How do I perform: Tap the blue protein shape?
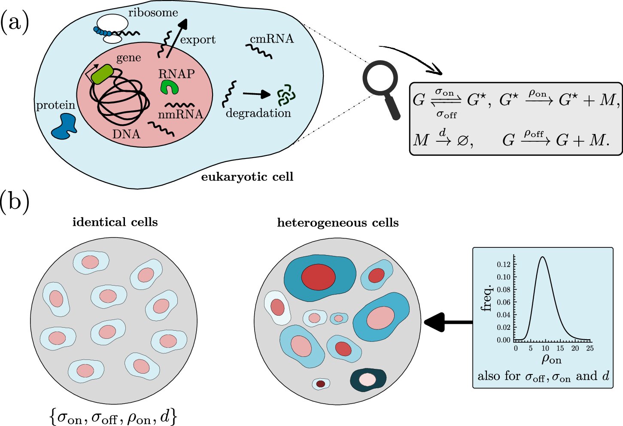[64, 127]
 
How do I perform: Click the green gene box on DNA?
[102, 74]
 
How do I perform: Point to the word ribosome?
[153, 12]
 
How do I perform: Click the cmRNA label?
[272, 39]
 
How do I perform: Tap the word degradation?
[258, 113]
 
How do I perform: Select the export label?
[198, 40]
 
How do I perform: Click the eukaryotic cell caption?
[247, 176]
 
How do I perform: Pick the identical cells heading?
[115, 222]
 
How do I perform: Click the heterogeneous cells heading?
[338, 223]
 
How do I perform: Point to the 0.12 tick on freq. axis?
[504, 265]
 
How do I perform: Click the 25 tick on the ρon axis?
[590, 348]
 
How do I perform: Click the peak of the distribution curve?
[543, 257]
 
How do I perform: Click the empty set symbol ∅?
[462, 140]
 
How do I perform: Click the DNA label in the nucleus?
[126, 134]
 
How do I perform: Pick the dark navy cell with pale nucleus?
[368, 380]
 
